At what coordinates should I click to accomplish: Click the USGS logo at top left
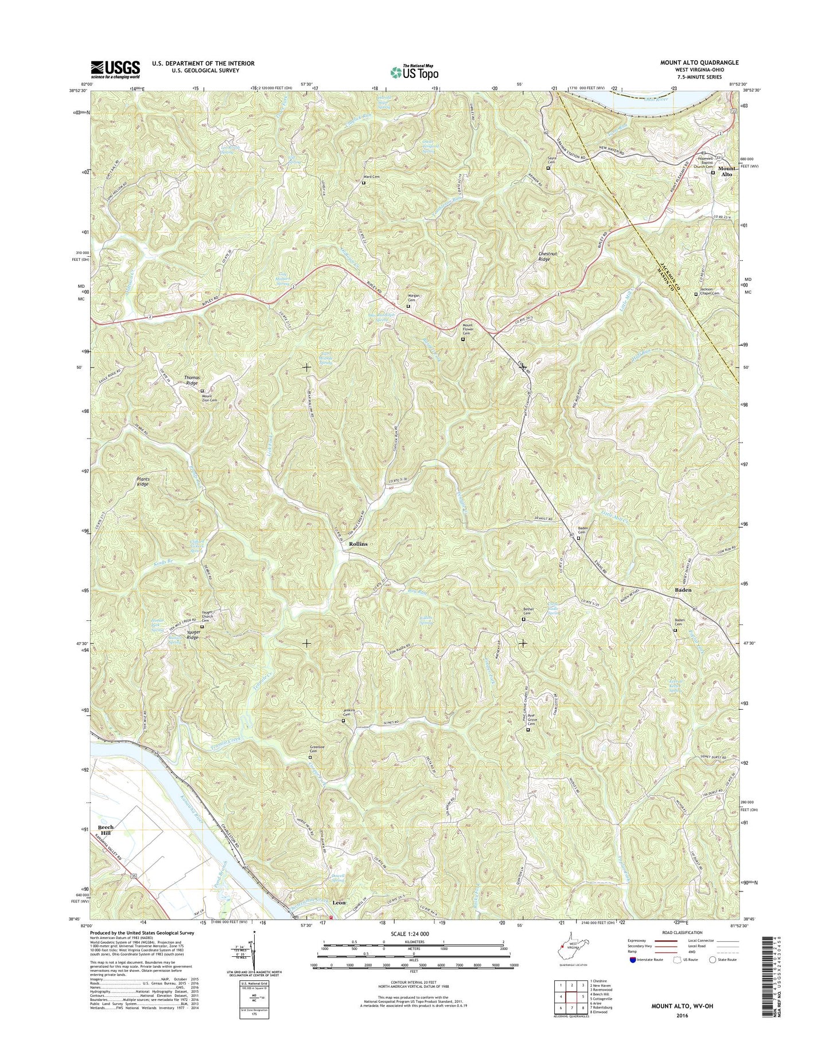[x=115, y=69]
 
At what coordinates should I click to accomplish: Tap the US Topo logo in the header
[x=414, y=72]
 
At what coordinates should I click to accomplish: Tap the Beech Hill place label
[x=106, y=830]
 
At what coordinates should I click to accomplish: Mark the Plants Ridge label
[x=143, y=482]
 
